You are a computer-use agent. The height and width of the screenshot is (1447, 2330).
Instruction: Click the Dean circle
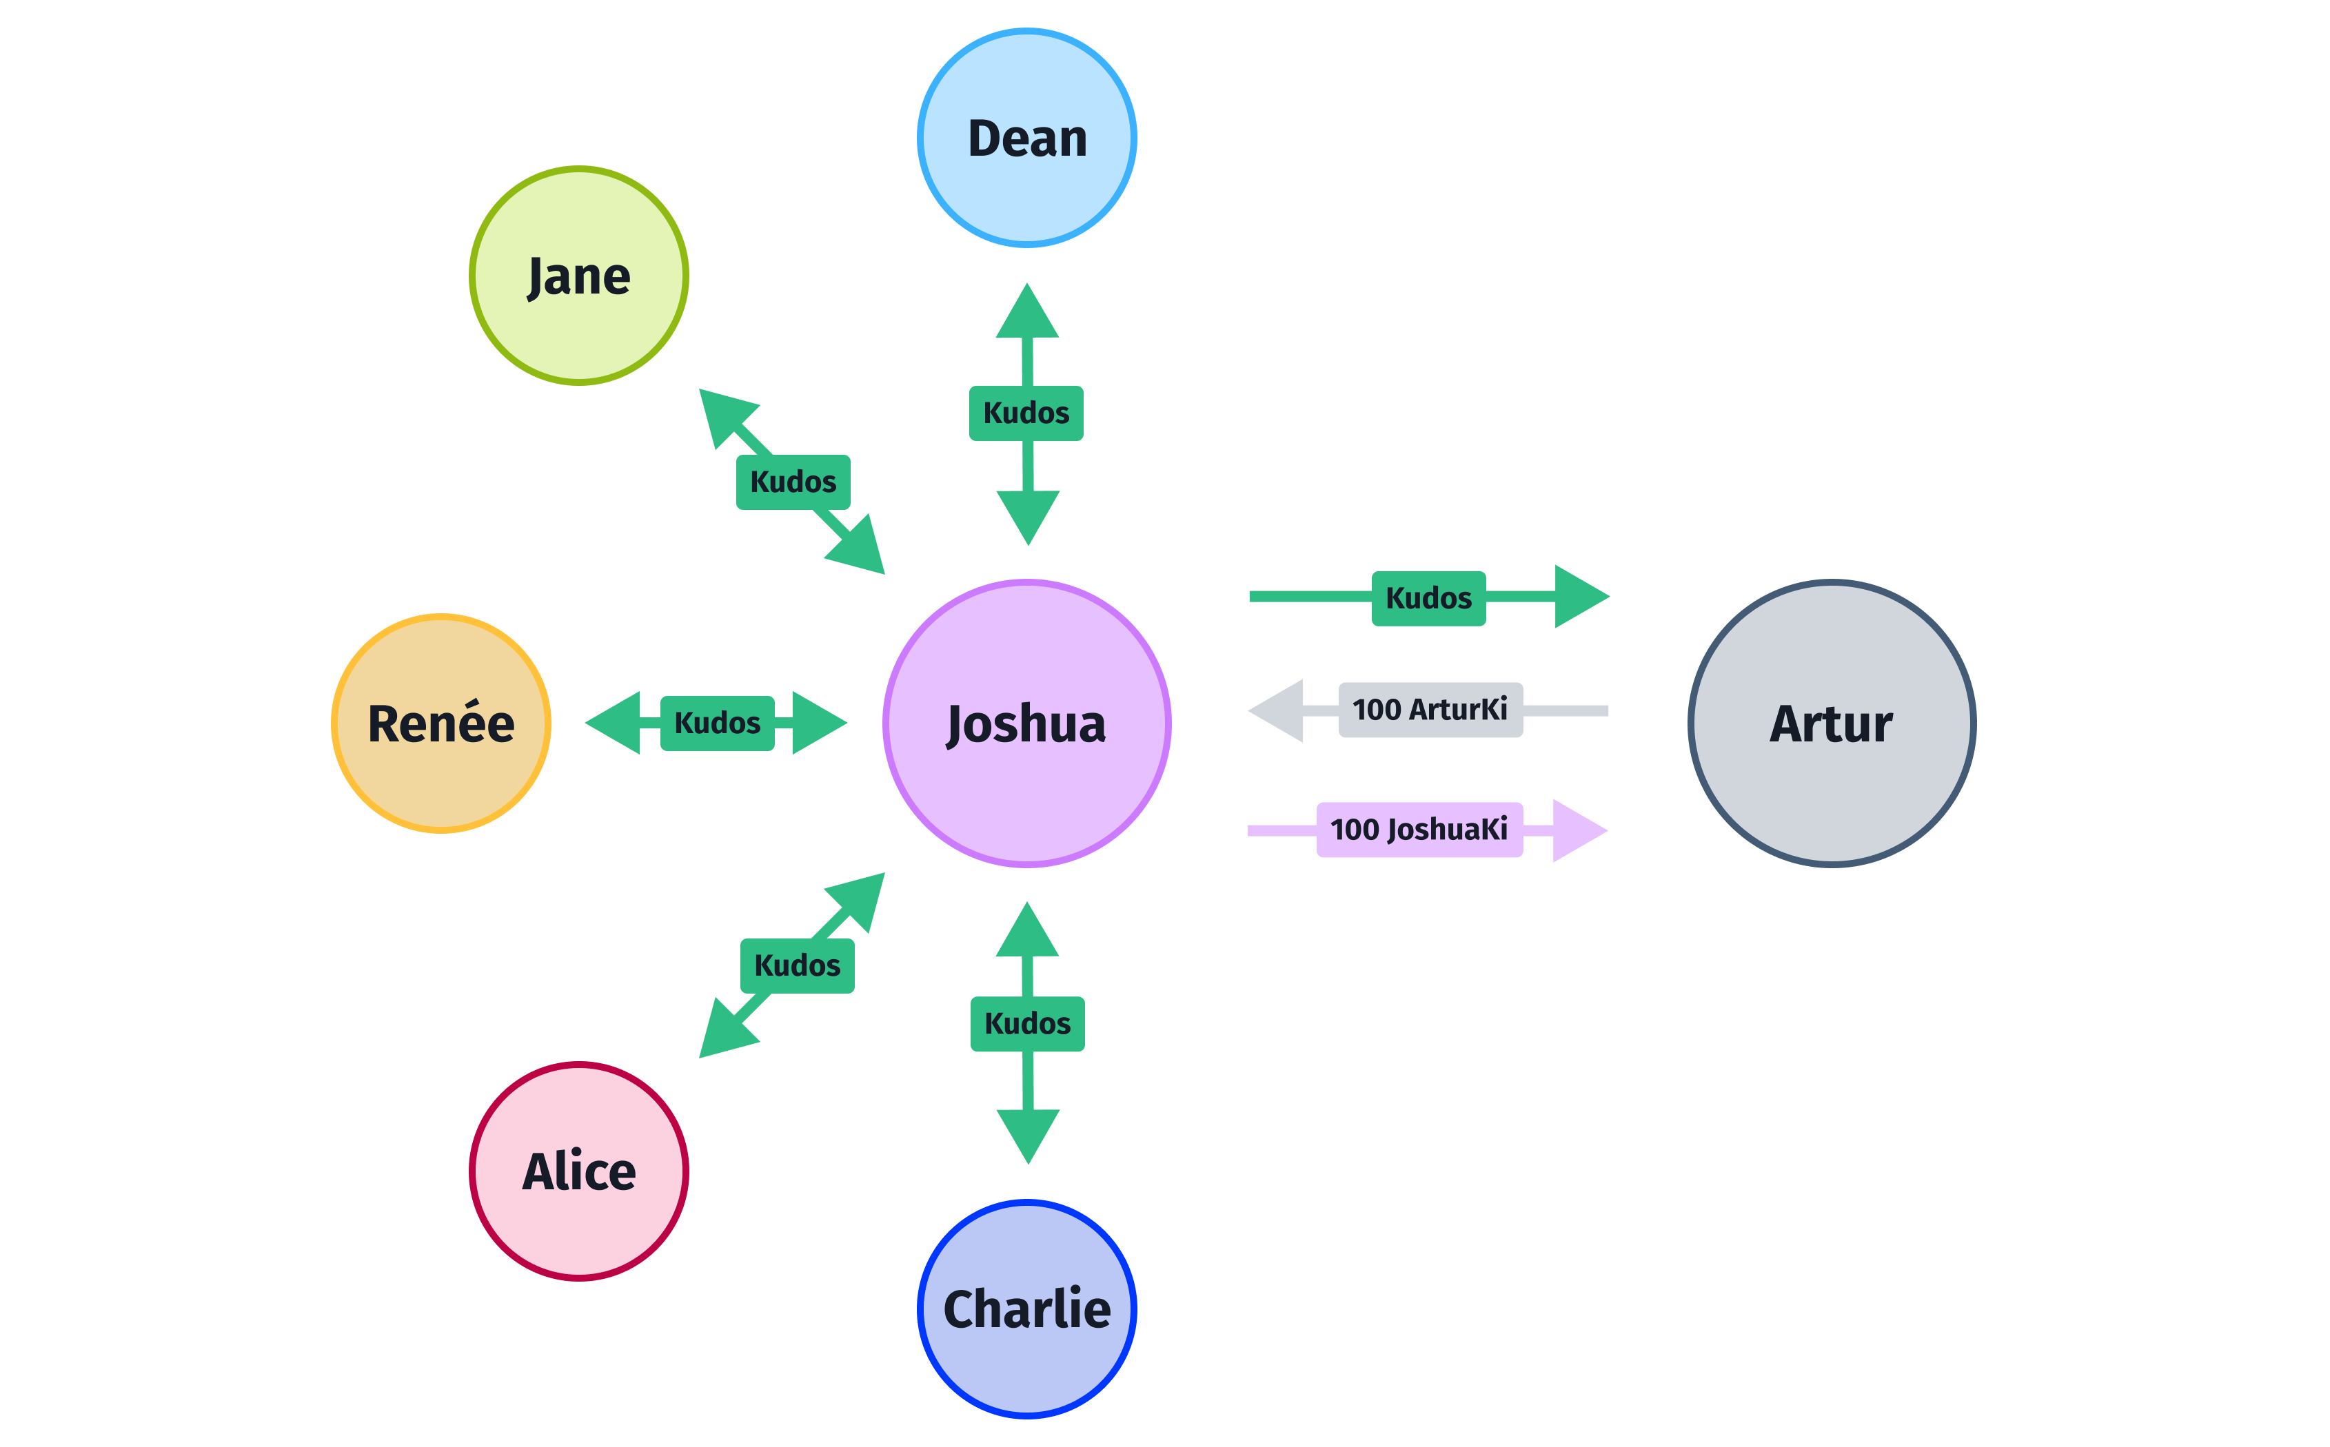1026,138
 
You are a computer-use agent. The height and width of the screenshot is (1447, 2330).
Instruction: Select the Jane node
578,276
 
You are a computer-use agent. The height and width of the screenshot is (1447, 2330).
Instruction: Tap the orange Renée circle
440,723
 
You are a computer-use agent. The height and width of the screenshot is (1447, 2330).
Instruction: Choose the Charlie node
1026,1309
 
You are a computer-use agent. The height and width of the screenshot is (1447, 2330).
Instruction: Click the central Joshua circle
1026,723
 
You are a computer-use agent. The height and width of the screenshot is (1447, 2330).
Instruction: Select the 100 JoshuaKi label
1419,829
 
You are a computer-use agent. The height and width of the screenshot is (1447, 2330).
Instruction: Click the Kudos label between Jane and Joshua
793,482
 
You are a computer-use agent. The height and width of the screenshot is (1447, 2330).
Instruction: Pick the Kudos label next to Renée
717,723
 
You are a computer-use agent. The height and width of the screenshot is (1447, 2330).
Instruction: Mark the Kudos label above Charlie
1027,1023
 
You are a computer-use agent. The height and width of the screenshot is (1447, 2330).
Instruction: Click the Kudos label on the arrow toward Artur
1428,598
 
